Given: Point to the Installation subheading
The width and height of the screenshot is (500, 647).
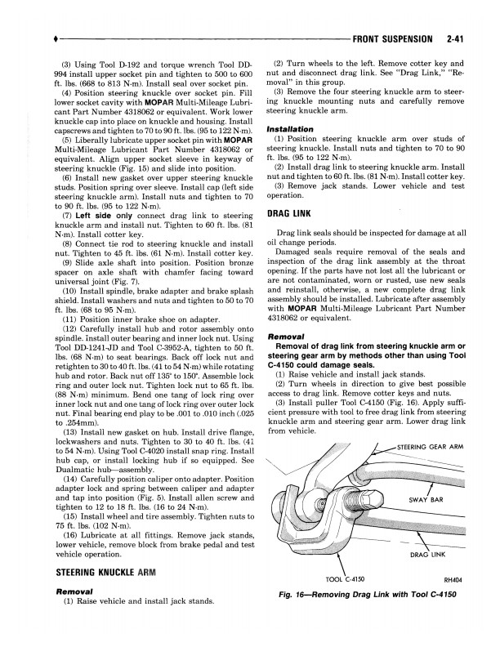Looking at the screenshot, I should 291,129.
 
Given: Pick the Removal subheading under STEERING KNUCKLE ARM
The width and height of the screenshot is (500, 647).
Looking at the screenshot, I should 77,589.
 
